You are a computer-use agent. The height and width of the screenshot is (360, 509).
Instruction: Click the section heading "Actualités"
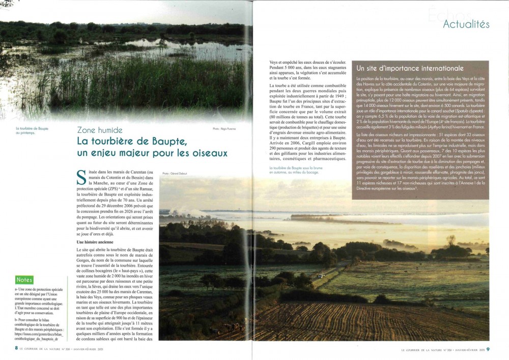466,24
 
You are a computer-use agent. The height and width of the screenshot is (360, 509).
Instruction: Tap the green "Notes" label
24,280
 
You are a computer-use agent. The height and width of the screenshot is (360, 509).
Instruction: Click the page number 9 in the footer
488,349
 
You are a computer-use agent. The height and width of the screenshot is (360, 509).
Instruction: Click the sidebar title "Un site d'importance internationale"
410,68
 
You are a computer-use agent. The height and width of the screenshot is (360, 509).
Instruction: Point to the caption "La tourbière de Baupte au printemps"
32,131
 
